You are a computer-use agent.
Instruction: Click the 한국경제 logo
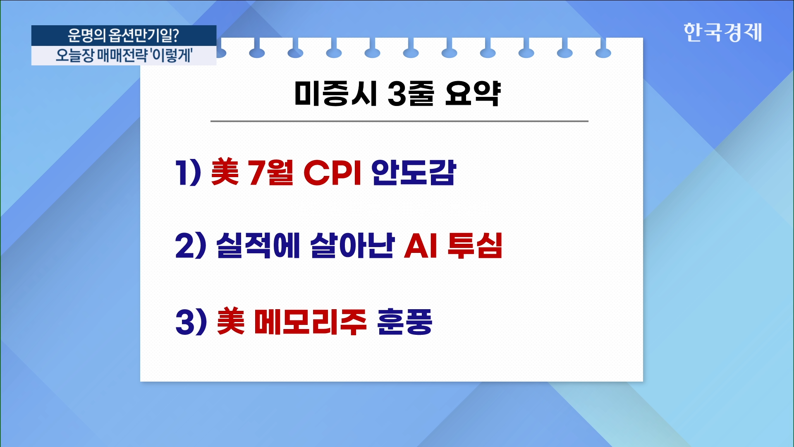pos(722,32)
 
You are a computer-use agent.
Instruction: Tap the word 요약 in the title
pos(473,93)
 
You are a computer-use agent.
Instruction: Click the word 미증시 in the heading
pos(335,93)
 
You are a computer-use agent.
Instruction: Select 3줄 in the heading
pos(411,93)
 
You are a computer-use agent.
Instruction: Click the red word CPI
pos(333,173)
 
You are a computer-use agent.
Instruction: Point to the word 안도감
pos(414,172)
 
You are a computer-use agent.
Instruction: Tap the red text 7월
pos(270,173)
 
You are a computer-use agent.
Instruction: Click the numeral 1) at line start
pos(188,173)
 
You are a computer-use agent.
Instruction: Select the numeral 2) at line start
pos(191,245)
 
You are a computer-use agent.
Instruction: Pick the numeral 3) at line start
pos(191,322)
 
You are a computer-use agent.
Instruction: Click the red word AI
pos(421,245)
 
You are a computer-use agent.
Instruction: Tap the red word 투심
pos(475,245)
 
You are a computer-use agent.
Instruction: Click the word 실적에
pos(258,245)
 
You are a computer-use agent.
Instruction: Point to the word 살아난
pos(352,245)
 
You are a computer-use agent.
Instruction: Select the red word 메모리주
pos(310,322)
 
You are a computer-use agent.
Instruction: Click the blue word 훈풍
pos(404,322)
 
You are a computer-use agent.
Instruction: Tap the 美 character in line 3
pos(231,321)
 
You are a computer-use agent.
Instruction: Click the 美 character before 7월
pos(225,172)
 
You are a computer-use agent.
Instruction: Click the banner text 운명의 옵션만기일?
pos(123,36)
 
